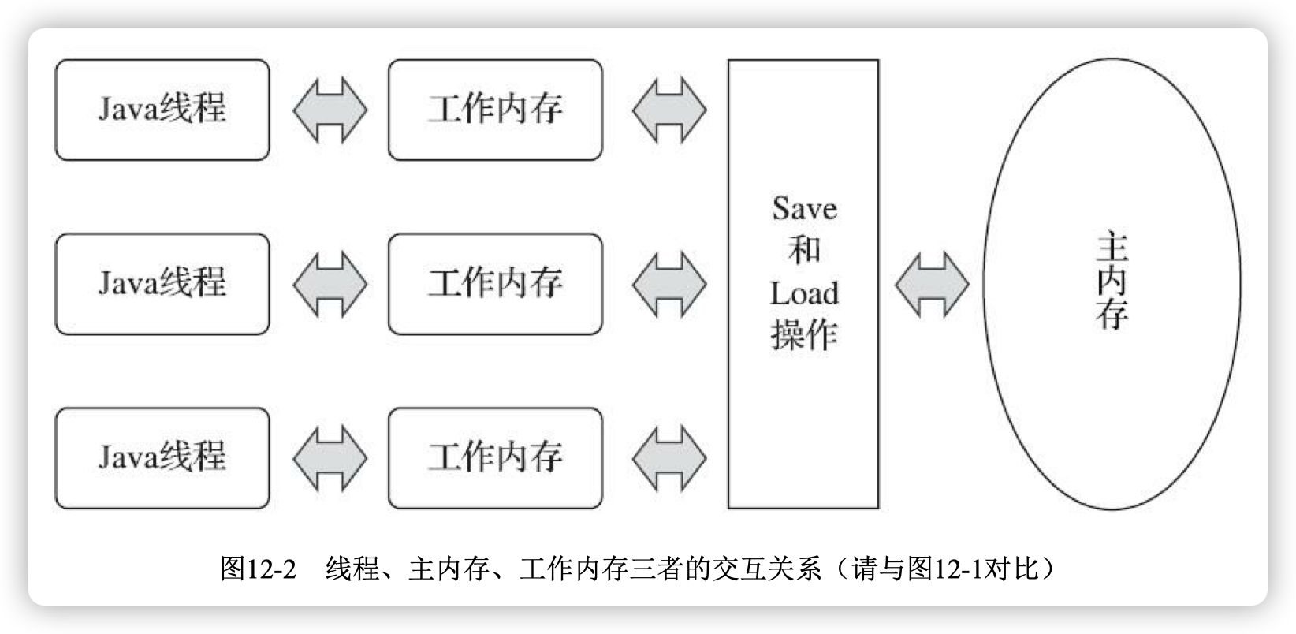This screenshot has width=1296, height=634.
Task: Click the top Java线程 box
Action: pos(162,110)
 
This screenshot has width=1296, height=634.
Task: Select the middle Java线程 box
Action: pos(162,284)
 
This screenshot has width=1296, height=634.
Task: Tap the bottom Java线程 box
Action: pos(162,458)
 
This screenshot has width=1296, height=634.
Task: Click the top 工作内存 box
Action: pos(495,110)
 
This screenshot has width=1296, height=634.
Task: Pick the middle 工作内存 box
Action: pos(495,284)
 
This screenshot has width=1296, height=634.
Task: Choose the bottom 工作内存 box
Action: pos(495,458)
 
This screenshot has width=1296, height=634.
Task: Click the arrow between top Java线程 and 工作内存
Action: pos(330,110)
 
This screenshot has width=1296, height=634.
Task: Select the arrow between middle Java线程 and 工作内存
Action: pos(330,284)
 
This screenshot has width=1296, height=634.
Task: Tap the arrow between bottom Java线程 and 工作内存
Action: pos(330,458)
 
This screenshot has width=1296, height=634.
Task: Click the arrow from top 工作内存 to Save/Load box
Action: pos(669,110)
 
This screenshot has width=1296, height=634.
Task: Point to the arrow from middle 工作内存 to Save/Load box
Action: pos(669,284)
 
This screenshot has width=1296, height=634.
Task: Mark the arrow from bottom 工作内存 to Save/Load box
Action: pos(669,458)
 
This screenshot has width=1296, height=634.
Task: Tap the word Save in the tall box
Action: pos(804,209)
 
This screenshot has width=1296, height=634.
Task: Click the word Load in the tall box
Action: pos(804,294)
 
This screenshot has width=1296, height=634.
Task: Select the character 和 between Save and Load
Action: pos(804,251)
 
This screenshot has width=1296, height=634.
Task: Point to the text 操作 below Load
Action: pos(804,336)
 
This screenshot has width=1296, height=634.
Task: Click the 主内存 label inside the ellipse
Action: pos(1112,282)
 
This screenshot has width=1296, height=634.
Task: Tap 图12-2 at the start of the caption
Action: pos(258,568)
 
